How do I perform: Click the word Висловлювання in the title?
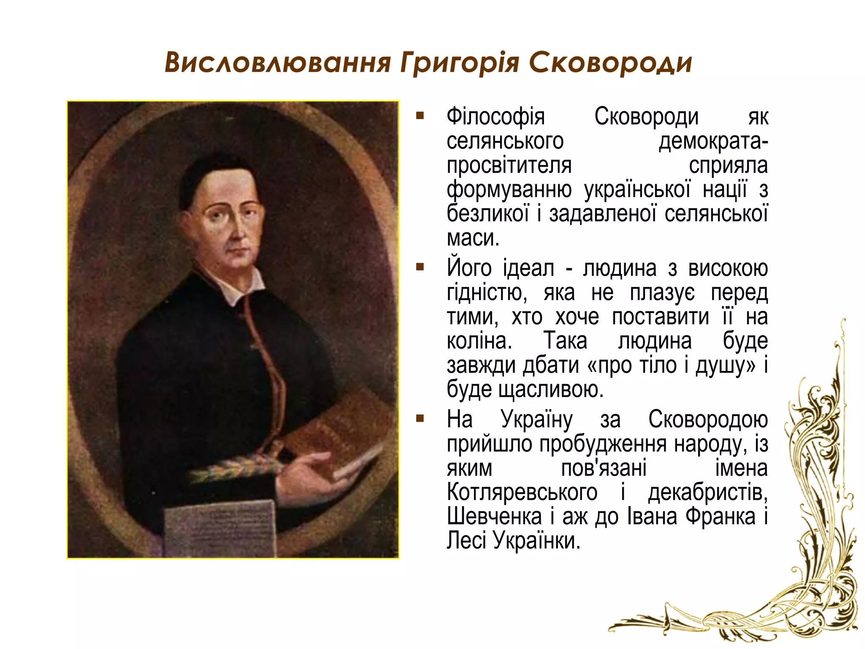pyautogui.click(x=277, y=63)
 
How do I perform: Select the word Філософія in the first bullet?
pyautogui.click(x=495, y=117)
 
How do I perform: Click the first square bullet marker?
pyautogui.click(x=420, y=115)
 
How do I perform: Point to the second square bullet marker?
pyautogui.click(x=420, y=267)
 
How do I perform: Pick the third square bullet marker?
pyautogui.click(x=420, y=419)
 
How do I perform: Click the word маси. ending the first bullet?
pyautogui.click(x=473, y=238)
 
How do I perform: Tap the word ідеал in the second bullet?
pyautogui.click(x=528, y=269)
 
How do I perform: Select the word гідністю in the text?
pyautogui.click(x=487, y=293)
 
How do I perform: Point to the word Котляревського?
pyautogui.click(x=522, y=493)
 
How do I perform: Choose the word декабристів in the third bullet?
pyautogui.click(x=708, y=493)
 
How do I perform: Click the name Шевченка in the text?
pyautogui.click(x=494, y=517)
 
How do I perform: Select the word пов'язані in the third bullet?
pyautogui.click(x=604, y=468)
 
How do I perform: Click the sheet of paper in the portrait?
pyautogui.click(x=220, y=528)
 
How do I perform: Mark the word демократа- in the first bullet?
pyautogui.click(x=713, y=142)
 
